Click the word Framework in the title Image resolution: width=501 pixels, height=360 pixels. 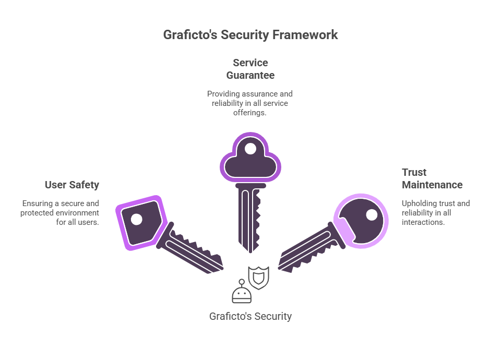(305, 35)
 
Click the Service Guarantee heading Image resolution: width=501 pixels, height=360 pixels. (250, 69)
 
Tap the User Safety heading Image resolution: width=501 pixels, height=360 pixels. (72, 185)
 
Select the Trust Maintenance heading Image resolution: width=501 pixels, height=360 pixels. (432, 178)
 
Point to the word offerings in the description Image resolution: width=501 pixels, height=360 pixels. (249, 113)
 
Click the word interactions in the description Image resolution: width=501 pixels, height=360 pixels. (423, 222)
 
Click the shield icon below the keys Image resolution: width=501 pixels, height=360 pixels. (259, 278)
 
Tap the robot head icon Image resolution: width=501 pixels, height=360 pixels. (242, 294)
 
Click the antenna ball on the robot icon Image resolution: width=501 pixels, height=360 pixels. (242, 282)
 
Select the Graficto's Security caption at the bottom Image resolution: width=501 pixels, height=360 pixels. (250, 316)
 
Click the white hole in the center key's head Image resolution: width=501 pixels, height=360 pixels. (250, 149)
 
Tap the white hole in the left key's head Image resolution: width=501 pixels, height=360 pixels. (136, 220)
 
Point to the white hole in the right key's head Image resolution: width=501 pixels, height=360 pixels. (372, 214)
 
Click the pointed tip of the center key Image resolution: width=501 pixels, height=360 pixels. (250, 251)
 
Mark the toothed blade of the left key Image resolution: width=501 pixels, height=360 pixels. (195, 253)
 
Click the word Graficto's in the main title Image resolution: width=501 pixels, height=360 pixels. (190, 35)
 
